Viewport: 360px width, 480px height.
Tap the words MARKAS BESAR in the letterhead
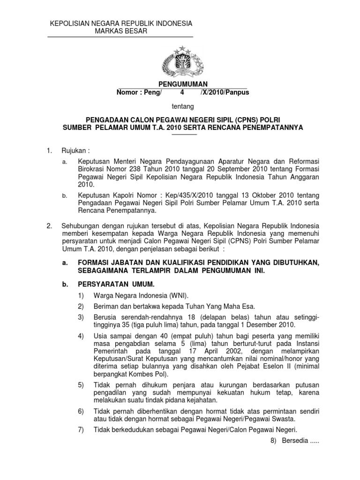coord(121,31)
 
